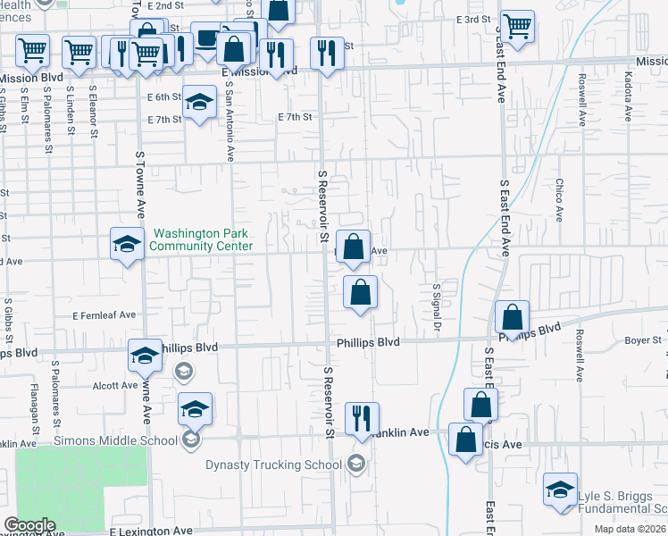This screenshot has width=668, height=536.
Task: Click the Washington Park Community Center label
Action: [x=201, y=239]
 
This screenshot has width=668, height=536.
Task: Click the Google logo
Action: [x=30, y=525]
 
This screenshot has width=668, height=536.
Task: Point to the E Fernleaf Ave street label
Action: [x=104, y=314]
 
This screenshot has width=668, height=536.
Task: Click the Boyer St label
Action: [x=642, y=339]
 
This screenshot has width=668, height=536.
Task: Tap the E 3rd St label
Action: [x=473, y=19]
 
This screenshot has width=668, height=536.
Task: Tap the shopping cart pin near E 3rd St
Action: [x=517, y=27]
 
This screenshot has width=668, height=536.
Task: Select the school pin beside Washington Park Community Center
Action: [x=127, y=244]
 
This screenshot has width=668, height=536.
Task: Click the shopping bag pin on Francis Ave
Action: [x=465, y=440]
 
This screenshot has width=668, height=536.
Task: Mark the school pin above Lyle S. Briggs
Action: [x=560, y=490]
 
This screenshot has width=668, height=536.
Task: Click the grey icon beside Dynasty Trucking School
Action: [x=356, y=462]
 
